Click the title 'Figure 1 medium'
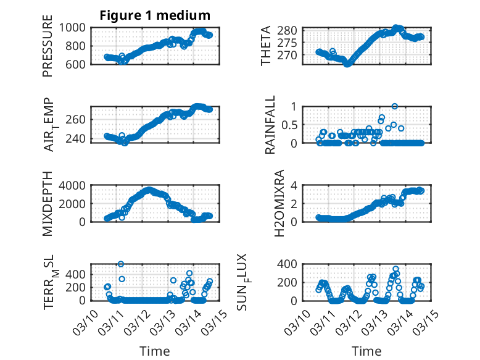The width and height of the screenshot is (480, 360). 155,15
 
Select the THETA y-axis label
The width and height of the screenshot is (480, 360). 266,46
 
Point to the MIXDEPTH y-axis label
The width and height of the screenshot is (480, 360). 48,204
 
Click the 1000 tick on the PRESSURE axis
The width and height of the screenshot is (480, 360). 74,27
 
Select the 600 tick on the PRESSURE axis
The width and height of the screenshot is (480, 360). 77,64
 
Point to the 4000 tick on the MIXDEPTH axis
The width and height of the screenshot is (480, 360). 74,185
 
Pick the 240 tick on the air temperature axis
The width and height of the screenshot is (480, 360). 77,138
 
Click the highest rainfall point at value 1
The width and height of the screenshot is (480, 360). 394,106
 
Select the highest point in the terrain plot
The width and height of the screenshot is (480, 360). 121,264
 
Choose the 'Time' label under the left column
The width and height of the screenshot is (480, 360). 155,351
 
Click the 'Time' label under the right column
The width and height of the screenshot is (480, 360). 366,351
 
